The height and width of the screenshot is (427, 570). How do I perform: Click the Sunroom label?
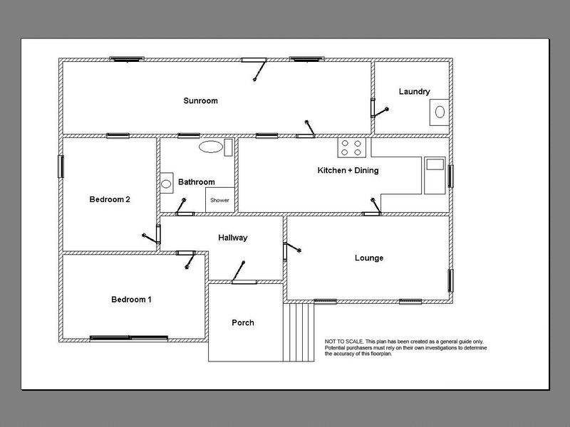(x=200, y=100)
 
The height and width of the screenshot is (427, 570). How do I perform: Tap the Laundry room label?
(x=414, y=92)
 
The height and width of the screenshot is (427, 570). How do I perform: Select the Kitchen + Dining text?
(x=348, y=170)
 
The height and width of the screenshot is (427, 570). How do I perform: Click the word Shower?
(x=219, y=200)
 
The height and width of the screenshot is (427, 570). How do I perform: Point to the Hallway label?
(x=233, y=238)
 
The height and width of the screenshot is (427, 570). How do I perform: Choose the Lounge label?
(x=369, y=258)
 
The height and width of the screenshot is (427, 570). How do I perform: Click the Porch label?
(x=243, y=322)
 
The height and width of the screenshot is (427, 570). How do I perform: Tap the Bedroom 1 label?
(x=131, y=300)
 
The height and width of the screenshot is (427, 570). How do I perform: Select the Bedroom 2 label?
(x=110, y=199)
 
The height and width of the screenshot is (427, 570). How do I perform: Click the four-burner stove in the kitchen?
(x=351, y=148)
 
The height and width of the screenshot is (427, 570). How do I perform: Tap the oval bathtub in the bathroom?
(x=211, y=147)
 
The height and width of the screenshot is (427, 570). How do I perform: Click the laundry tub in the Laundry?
(x=439, y=112)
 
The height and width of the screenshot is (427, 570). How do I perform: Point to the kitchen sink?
(x=435, y=175)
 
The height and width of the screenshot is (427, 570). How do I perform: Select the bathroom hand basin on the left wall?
(x=167, y=183)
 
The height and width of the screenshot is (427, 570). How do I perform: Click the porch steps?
(x=299, y=332)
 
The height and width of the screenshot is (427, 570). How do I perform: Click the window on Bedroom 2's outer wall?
(x=61, y=167)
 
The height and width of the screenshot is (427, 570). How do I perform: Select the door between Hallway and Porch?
(x=244, y=282)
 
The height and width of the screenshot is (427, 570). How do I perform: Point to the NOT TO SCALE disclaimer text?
(x=405, y=347)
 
